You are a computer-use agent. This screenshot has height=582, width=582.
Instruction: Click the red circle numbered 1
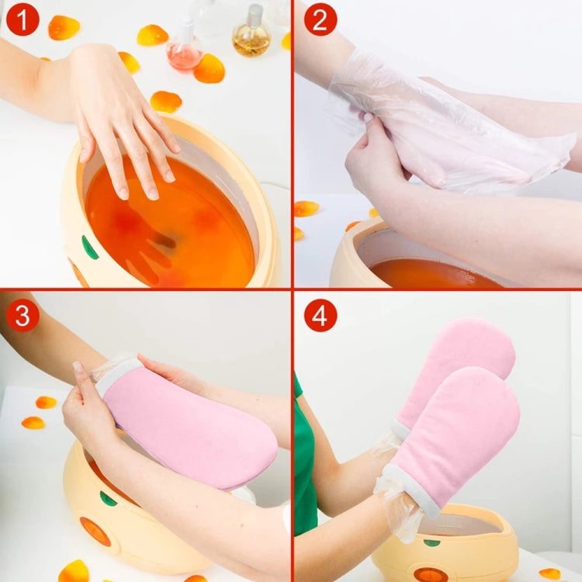[23, 19]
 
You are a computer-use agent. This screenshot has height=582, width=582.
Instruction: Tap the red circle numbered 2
[320, 19]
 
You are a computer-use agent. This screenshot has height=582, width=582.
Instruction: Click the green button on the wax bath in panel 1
[89, 248]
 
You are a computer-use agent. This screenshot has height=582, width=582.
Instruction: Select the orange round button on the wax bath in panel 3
[95, 531]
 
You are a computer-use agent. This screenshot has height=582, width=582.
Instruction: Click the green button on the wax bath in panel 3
[108, 498]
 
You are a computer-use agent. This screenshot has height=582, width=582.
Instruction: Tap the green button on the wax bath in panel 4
[431, 542]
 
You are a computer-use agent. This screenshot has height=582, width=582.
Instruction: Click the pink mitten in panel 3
[188, 423]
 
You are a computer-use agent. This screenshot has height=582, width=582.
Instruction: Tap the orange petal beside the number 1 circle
[64, 27]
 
